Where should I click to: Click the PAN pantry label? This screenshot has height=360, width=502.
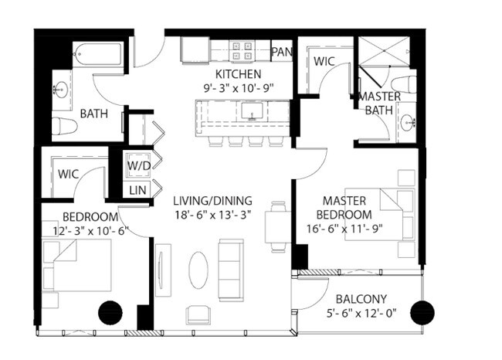[x=281, y=52]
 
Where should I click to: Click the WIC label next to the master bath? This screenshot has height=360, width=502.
[x=323, y=61]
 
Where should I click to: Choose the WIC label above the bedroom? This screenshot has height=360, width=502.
[x=68, y=174]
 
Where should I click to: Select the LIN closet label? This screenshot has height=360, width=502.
[x=138, y=189]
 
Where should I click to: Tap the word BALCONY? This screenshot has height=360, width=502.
[x=361, y=300]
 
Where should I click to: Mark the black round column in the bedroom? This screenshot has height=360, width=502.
[x=110, y=311]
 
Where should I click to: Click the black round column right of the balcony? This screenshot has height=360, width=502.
[x=422, y=312]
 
